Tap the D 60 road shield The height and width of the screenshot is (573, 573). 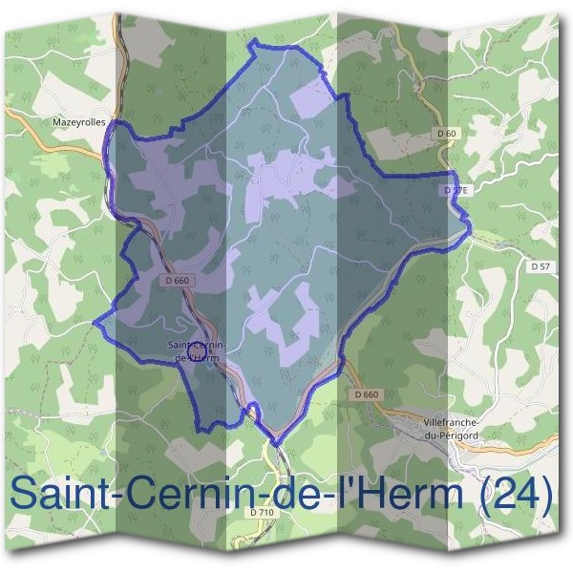tap(444, 133)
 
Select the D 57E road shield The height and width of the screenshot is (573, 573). tap(455, 191)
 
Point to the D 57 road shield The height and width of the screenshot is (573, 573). tap(541, 266)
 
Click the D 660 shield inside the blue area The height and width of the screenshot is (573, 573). tap(176, 281)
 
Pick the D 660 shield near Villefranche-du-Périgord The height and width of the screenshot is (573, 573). tap(367, 394)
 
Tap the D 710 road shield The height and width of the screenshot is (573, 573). tap(261, 513)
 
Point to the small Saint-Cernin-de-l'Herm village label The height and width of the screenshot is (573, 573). tap(195, 350)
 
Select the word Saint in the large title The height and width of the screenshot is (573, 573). tap(54, 495)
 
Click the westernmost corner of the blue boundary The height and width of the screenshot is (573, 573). tap(95, 322)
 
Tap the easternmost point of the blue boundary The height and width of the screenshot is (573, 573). tap(472, 225)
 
